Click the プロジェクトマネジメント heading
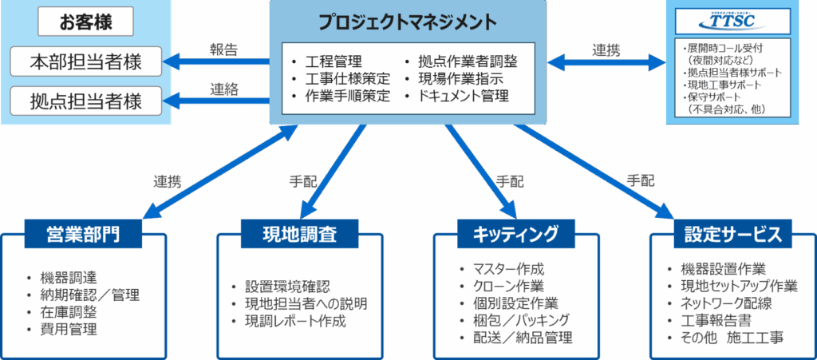point(407,22)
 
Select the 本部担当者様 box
point(86,60)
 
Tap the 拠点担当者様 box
point(86,101)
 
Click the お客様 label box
point(86,22)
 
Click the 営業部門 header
point(84,234)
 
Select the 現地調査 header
point(299,234)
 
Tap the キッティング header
point(516,234)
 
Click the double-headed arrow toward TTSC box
point(606,60)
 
